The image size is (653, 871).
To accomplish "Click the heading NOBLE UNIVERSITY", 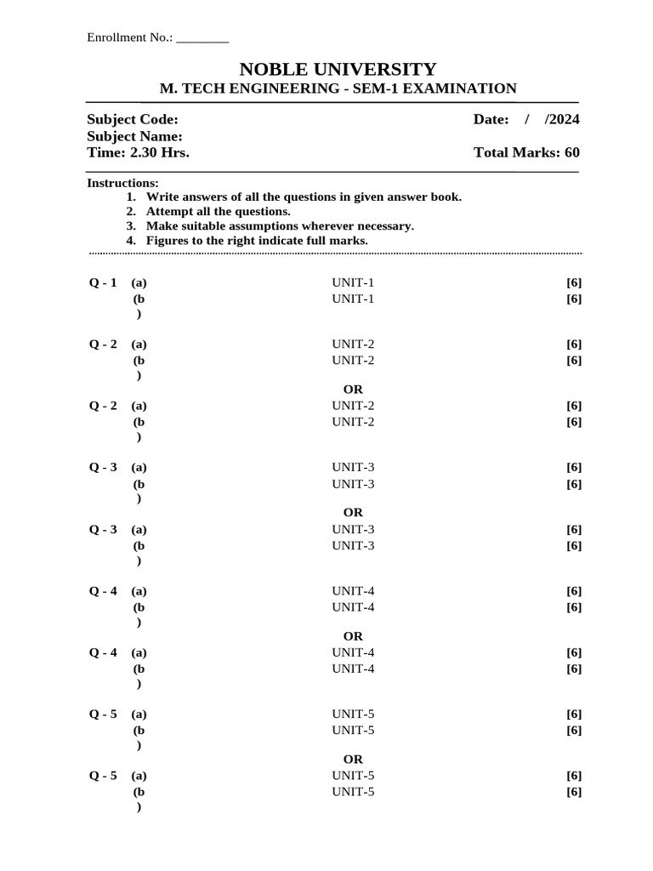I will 338,69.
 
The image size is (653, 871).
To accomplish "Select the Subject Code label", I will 133,120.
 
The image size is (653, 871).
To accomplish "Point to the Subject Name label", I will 134,136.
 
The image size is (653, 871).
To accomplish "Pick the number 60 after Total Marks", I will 571,153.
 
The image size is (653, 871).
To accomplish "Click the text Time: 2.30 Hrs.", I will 138,153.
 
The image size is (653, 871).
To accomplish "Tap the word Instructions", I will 122,183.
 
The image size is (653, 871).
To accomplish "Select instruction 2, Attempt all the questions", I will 218,211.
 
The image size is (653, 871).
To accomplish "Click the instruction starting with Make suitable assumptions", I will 280,225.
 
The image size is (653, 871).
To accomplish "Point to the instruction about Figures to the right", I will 257,241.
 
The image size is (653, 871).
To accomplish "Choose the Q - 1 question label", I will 103,282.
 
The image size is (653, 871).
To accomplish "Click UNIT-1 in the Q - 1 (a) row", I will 353,282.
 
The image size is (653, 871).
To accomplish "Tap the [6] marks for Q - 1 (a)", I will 574,282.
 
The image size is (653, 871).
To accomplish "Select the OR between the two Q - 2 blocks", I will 353,390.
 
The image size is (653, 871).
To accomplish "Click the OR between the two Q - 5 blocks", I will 353,760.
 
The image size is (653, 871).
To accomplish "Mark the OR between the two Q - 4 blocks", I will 353,636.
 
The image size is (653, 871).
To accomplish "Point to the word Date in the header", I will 491,120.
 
